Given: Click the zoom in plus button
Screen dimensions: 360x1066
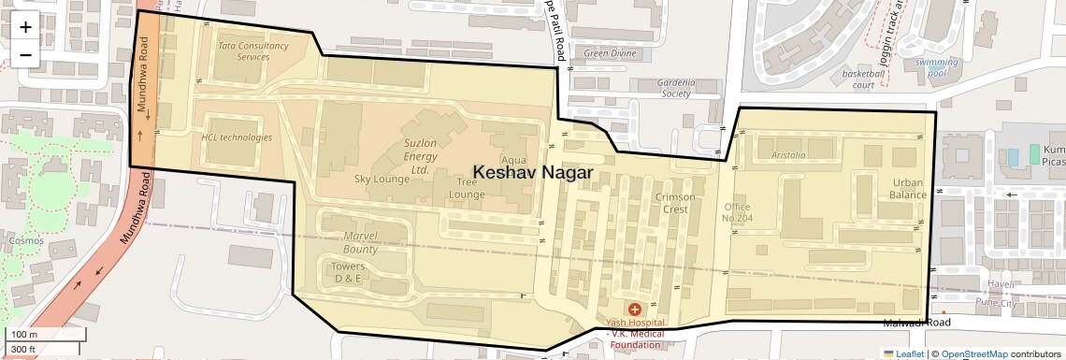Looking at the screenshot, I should tap(25, 27).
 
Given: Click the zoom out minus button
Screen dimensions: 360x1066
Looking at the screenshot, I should tap(25, 54).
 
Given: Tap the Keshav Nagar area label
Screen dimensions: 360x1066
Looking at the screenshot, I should tap(533, 172).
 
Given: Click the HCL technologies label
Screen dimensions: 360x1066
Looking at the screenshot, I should tap(237, 137).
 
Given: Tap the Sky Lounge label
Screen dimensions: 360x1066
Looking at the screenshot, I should tap(382, 179).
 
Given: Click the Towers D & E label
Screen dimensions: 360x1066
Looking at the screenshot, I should tap(348, 272).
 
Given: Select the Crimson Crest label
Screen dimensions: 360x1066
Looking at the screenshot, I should tap(675, 203).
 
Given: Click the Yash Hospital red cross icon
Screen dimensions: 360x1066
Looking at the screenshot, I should tap(635, 309).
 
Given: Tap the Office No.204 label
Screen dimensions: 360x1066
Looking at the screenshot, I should tap(738, 212).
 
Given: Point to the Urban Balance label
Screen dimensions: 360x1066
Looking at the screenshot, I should tap(908, 189).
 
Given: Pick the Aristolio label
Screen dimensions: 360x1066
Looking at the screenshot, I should tap(788, 155).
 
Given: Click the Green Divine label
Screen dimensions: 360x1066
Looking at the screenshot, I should tap(610, 53).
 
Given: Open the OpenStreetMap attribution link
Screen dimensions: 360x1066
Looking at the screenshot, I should tap(973, 353).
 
